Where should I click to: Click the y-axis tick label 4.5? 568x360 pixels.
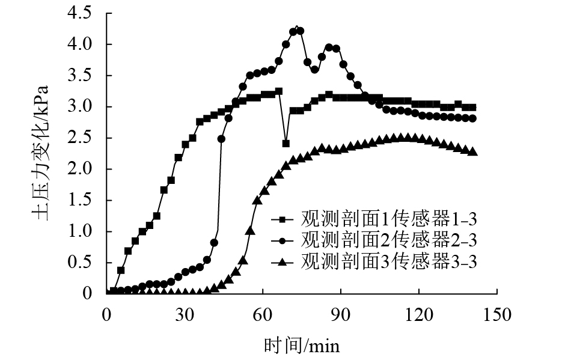pyautogui.click(x=82, y=13)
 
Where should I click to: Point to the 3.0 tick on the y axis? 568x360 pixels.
pyautogui.click(x=82, y=107)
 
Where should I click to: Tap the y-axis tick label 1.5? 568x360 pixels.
pyautogui.click(x=82, y=200)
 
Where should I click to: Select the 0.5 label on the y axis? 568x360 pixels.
pyautogui.click(x=82, y=263)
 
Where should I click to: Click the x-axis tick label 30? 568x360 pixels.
pyautogui.click(x=184, y=314)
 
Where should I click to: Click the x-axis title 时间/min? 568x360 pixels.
pyautogui.click(x=302, y=346)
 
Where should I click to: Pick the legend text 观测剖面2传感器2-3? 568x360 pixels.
pyautogui.click(x=388, y=240)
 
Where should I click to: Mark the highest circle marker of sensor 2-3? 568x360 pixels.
pyautogui.click(x=294, y=31)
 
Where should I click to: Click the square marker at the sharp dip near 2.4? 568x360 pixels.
pyautogui.click(x=286, y=144)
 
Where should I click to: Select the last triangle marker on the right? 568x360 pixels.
pyautogui.click(x=473, y=151)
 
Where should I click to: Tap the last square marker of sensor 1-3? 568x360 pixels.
pyautogui.click(x=473, y=108)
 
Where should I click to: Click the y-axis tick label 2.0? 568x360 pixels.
pyautogui.click(x=82, y=169)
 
